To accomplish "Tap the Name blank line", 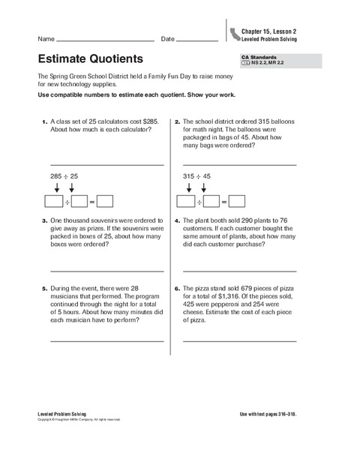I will tap(105, 40).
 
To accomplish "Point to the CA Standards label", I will tap(259, 57).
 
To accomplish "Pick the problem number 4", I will tap(177, 221).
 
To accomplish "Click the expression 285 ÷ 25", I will tap(64, 176).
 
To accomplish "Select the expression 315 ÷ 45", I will tap(197, 176).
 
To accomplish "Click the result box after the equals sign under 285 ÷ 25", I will tap(104, 201).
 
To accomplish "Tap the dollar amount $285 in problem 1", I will tap(153, 121).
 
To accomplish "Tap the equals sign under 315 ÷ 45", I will tap(223, 202).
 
